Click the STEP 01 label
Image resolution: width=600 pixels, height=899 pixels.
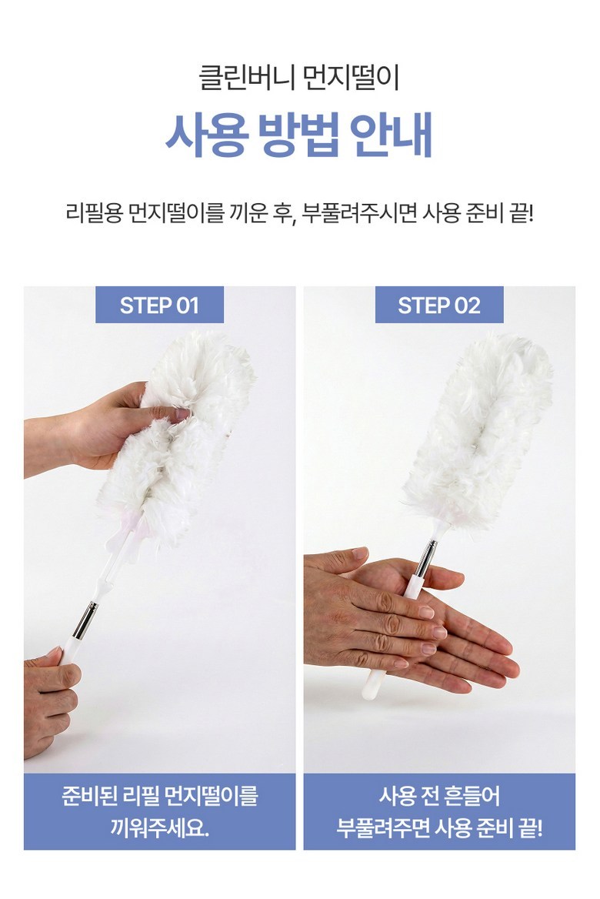(159, 306)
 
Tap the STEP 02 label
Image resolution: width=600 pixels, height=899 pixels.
(439, 306)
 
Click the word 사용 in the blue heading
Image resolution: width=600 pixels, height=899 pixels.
(207, 136)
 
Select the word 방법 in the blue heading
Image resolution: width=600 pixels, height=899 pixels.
(298, 136)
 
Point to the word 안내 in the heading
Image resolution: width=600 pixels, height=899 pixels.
(392, 136)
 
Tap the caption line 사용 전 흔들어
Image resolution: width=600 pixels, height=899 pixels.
(439, 797)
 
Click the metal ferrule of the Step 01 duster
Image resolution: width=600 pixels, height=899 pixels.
(85, 620)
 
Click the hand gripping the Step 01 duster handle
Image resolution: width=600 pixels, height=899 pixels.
(51, 700)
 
